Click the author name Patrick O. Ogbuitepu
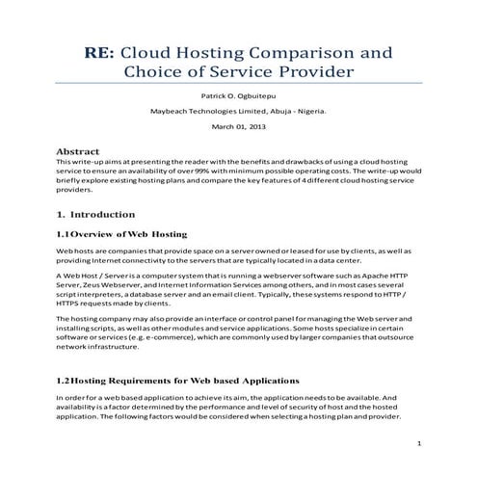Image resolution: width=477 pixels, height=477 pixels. [x=238, y=97]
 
